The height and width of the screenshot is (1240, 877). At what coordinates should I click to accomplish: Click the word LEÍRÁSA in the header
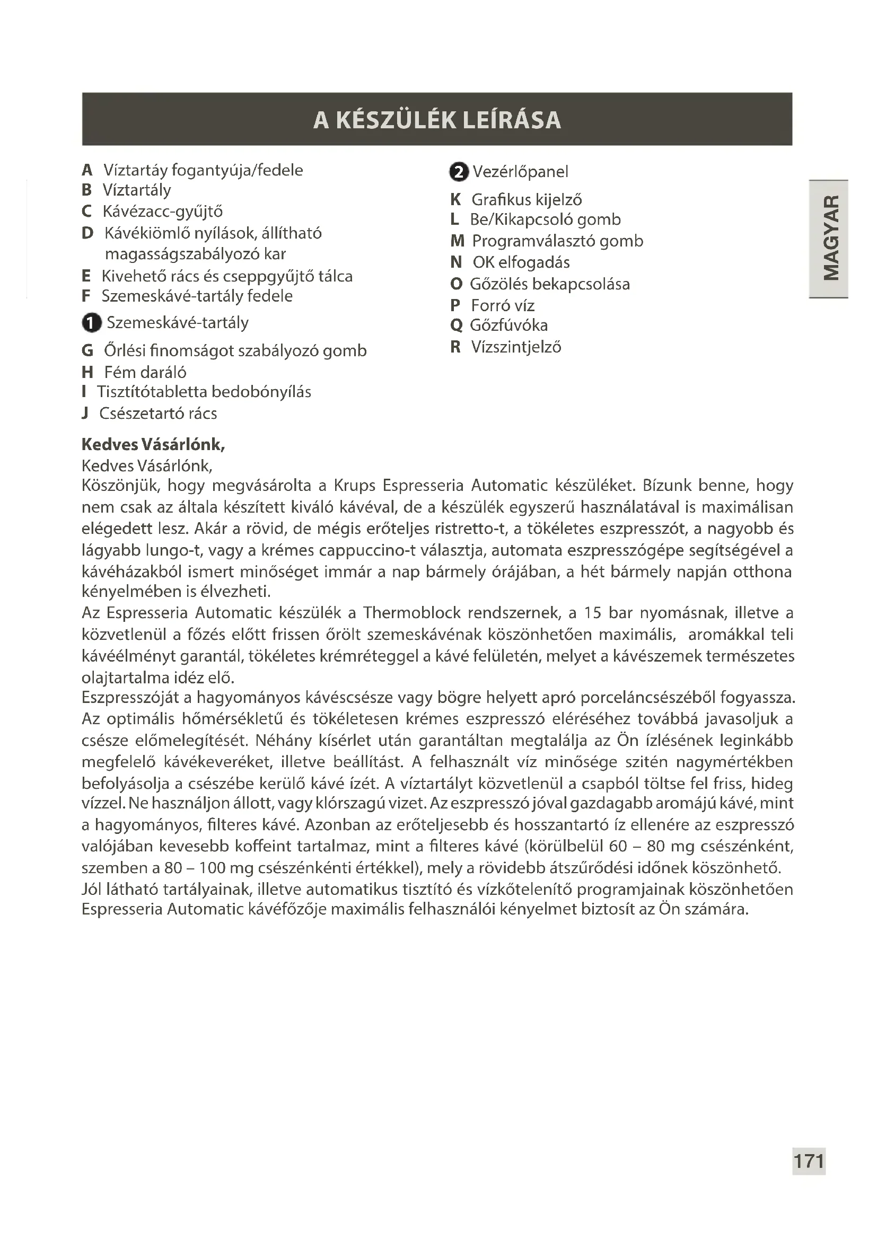pyautogui.click(x=511, y=120)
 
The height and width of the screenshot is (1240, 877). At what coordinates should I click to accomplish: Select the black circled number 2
pyautogui.click(x=459, y=172)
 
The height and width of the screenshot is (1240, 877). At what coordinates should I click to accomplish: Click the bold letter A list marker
pyautogui.click(x=87, y=170)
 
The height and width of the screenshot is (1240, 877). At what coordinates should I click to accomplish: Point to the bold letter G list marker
pyautogui.click(x=87, y=350)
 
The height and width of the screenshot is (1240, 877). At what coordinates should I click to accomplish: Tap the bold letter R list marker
pyautogui.click(x=455, y=347)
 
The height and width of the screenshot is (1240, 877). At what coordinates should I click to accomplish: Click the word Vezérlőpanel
pyautogui.click(x=520, y=172)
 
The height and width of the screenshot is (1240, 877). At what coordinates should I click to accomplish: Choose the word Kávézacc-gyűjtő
pyautogui.click(x=163, y=211)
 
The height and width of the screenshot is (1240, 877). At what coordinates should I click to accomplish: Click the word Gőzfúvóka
pyautogui.click(x=508, y=325)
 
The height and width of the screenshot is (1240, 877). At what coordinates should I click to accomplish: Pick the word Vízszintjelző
pyautogui.click(x=516, y=347)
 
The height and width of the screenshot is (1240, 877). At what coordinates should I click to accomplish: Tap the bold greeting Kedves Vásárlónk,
pyautogui.click(x=153, y=444)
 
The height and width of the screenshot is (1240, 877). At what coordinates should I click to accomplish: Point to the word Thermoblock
pyautogui.click(x=410, y=613)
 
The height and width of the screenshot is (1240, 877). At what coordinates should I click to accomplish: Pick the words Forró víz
pyautogui.click(x=502, y=306)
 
